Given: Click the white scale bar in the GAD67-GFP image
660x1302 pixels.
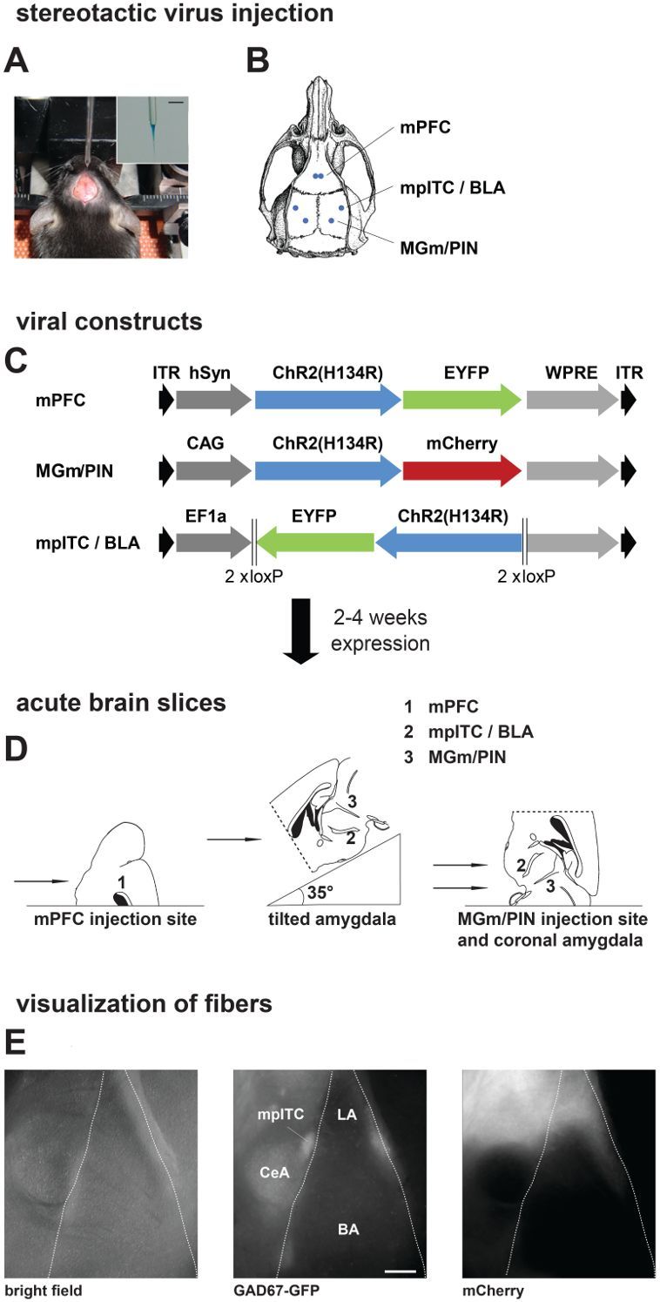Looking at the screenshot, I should point(401,1272).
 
